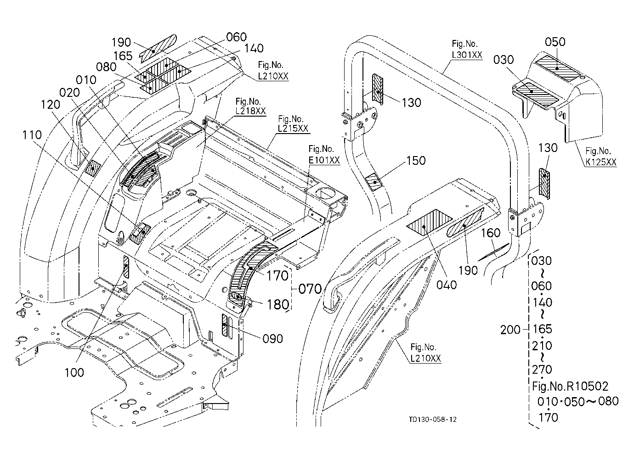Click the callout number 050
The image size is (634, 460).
tap(555, 42)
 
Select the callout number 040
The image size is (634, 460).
tap(447, 285)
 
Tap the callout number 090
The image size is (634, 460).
tap(273, 339)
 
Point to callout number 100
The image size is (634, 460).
tap(74, 373)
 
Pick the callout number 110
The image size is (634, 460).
tap(32, 135)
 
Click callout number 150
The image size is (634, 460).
tap(416, 161)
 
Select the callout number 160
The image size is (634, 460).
tap(491, 233)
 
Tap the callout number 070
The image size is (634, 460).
tap(310, 289)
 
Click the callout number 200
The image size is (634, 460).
tap(510, 330)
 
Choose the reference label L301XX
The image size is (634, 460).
tap(467, 55)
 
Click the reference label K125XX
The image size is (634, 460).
tap(601, 162)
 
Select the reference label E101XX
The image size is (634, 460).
tap(324, 160)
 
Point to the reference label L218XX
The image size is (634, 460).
tap(251, 111)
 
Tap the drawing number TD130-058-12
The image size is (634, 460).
tap(433, 419)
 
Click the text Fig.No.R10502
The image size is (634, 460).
tap(570, 386)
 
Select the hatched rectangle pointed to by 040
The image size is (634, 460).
tap(430, 223)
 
